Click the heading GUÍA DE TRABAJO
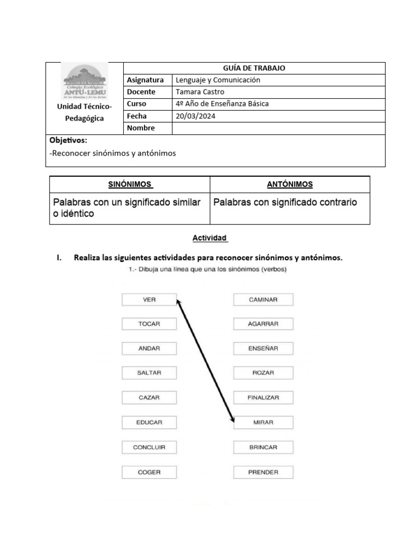(254, 68)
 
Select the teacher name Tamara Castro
(200, 92)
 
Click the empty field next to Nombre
(278, 128)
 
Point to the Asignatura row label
(145, 80)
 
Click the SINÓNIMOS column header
(129, 185)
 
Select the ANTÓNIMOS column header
(290, 185)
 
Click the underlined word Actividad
(209, 239)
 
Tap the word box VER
(149, 300)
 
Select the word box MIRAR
(264, 423)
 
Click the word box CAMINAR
(264, 300)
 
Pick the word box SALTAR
(149, 373)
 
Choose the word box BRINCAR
(264, 447)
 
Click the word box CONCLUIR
(149, 447)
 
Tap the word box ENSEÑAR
(264, 349)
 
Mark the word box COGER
(149, 472)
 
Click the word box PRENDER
(264, 472)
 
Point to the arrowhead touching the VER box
(178, 301)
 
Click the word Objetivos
(68, 141)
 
